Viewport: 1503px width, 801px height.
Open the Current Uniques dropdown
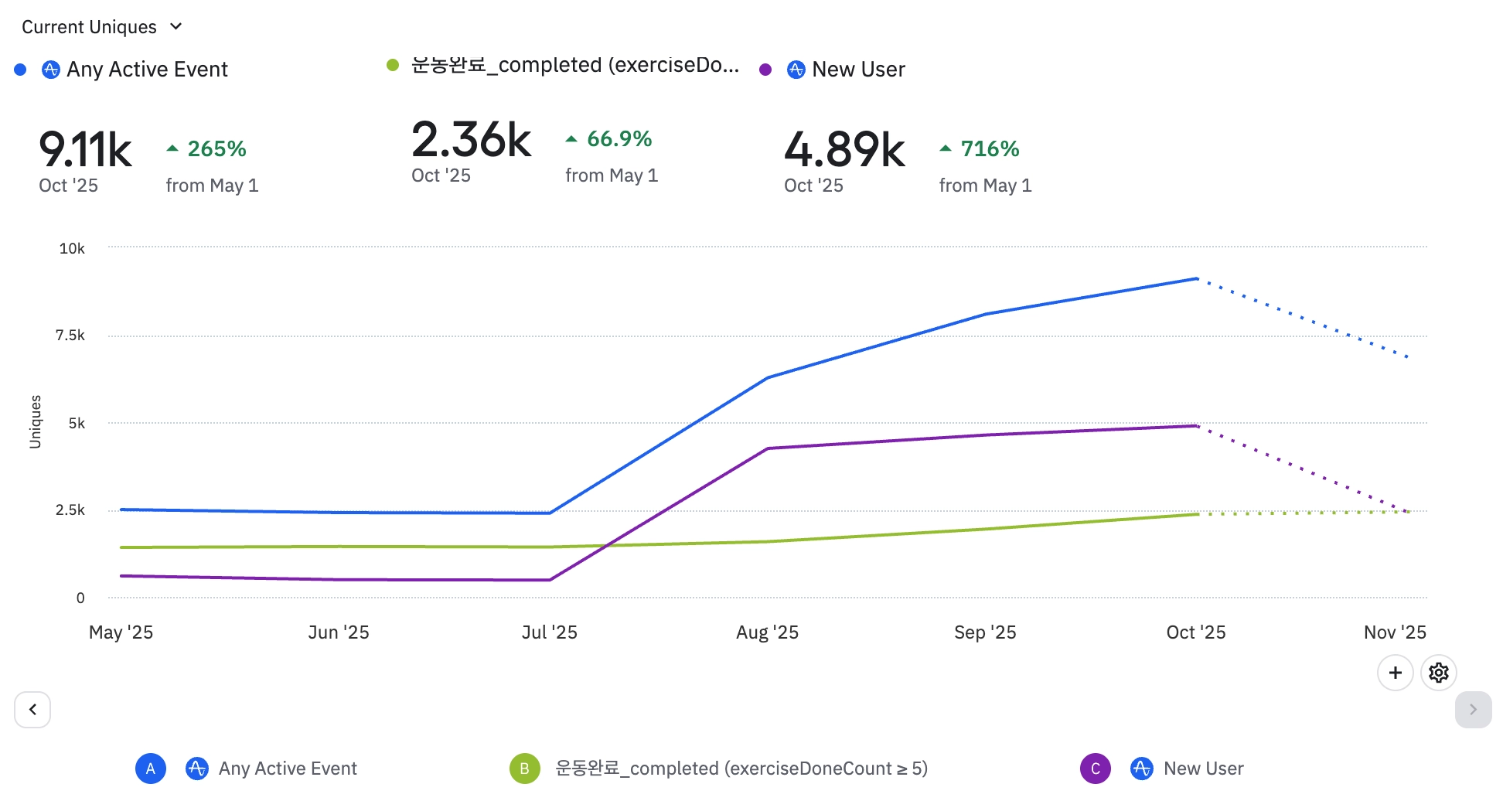tap(101, 27)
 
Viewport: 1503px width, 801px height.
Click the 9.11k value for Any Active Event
tap(85, 149)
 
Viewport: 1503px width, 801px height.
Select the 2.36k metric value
tap(471, 140)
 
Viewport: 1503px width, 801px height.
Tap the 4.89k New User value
tap(844, 149)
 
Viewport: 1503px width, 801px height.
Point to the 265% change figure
tap(216, 148)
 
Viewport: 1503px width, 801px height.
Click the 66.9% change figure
tap(619, 139)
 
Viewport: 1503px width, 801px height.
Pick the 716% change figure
tap(990, 148)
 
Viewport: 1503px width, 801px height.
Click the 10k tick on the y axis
tap(72, 248)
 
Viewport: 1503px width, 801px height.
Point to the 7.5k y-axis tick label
tap(70, 336)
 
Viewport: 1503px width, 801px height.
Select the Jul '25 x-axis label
tap(549, 632)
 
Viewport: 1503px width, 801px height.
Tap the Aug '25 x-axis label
tap(767, 632)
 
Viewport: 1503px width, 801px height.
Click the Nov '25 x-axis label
tap(1395, 632)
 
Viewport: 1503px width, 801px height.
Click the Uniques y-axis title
tap(36, 421)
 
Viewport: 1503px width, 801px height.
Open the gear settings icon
tap(1438, 673)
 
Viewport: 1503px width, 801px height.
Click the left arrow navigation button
tap(32, 710)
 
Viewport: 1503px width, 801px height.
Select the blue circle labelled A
tap(151, 769)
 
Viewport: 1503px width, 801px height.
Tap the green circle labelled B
tap(524, 769)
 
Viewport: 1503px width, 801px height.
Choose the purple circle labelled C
tap(1095, 769)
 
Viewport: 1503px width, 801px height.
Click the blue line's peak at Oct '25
tap(1196, 278)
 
